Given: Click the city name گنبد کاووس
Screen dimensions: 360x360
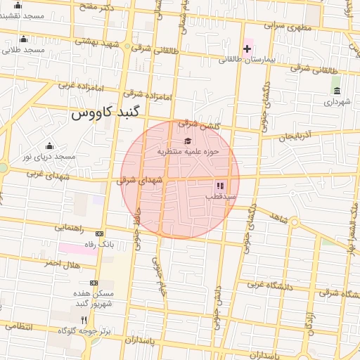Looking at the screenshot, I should (x=105, y=112).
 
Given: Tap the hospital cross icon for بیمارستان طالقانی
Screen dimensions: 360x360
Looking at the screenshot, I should (x=247, y=49).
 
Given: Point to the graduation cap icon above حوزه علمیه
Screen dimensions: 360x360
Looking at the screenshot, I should (x=187, y=141).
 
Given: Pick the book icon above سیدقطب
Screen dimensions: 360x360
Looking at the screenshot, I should (x=220, y=186).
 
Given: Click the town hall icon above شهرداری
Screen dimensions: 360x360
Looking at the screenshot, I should (x=337, y=91).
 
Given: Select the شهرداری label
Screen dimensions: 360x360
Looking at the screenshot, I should (x=337, y=102).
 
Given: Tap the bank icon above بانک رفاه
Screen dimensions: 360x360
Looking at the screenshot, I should (x=99, y=233).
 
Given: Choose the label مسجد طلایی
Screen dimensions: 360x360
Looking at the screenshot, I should (x=23, y=50).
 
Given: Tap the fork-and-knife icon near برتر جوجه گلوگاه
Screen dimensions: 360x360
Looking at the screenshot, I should (x=84, y=319).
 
